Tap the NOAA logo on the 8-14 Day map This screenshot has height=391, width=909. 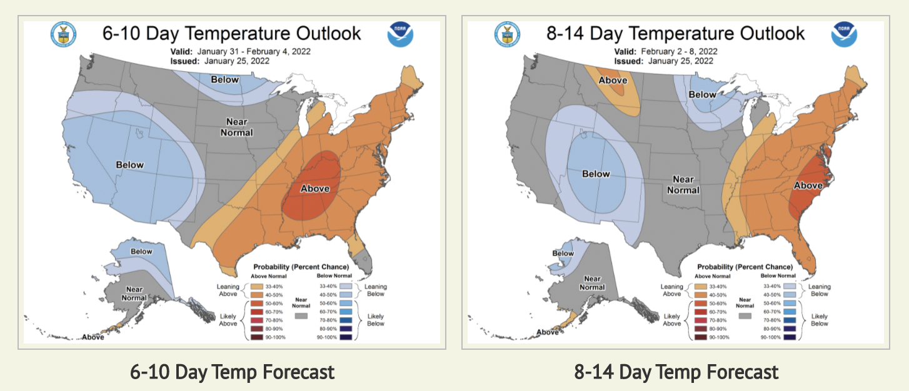click(x=843, y=34)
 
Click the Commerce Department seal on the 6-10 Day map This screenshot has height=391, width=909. click(x=63, y=34)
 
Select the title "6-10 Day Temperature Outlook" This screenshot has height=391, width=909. click(x=232, y=33)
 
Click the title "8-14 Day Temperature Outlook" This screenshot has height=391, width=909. click(x=676, y=33)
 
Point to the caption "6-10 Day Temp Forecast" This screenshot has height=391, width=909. click(x=232, y=372)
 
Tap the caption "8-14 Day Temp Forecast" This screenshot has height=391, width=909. click(x=676, y=372)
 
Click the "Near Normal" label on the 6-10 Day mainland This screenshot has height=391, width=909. click(x=236, y=127)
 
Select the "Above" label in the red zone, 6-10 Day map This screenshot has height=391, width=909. click(x=315, y=188)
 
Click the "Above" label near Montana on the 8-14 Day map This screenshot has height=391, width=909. click(x=613, y=81)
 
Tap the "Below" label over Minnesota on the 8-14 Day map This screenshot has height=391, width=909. click(x=702, y=95)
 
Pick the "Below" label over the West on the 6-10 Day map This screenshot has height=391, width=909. click(x=129, y=165)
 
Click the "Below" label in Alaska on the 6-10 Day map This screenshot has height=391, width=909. click(x=141, y=252)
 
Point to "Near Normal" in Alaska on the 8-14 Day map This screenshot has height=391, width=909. click(x=592, y=283)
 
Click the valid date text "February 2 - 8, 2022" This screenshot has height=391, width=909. click(x=679, y=51)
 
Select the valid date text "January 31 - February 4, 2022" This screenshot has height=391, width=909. click(x=254, y=51)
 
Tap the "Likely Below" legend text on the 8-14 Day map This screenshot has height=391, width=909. click(x=820, y=320)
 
